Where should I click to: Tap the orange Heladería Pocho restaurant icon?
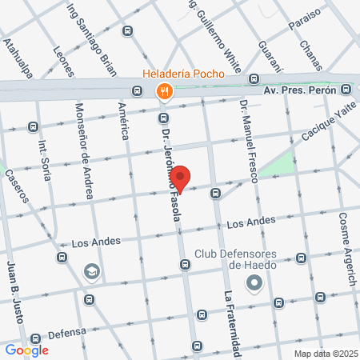coord(164,90)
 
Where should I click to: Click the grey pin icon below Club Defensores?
coord(255,282)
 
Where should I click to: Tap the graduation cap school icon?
coord(92,272)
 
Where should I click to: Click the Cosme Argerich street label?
coord(346,240)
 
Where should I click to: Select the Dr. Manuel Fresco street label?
coord(250,139)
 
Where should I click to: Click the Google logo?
coord(26,350)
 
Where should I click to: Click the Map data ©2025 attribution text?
coord(323,353)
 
